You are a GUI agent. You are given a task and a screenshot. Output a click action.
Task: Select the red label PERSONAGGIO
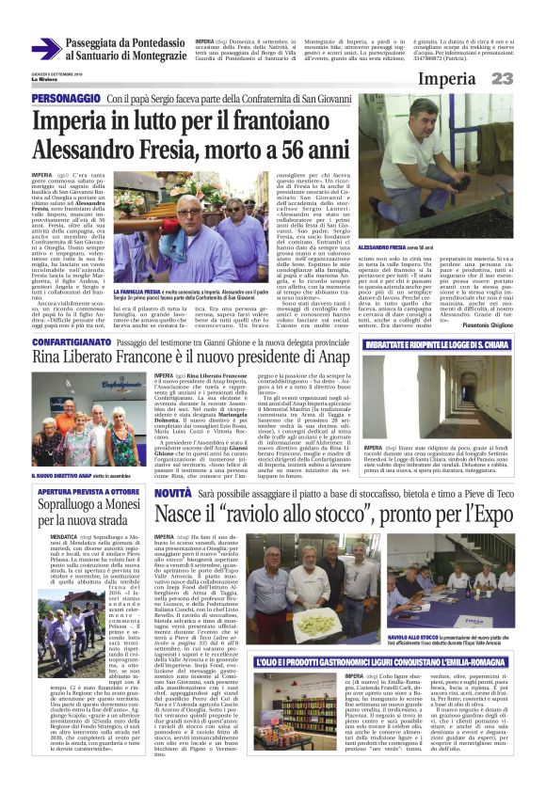tap(65, 98)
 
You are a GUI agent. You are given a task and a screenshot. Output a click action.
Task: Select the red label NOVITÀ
tap(174, 492)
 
